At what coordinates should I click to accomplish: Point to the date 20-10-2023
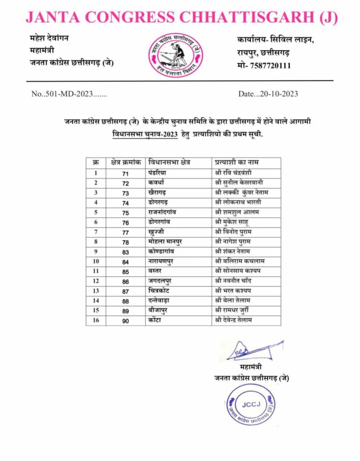click(276, 94)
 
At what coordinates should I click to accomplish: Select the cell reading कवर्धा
click(157, 182)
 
